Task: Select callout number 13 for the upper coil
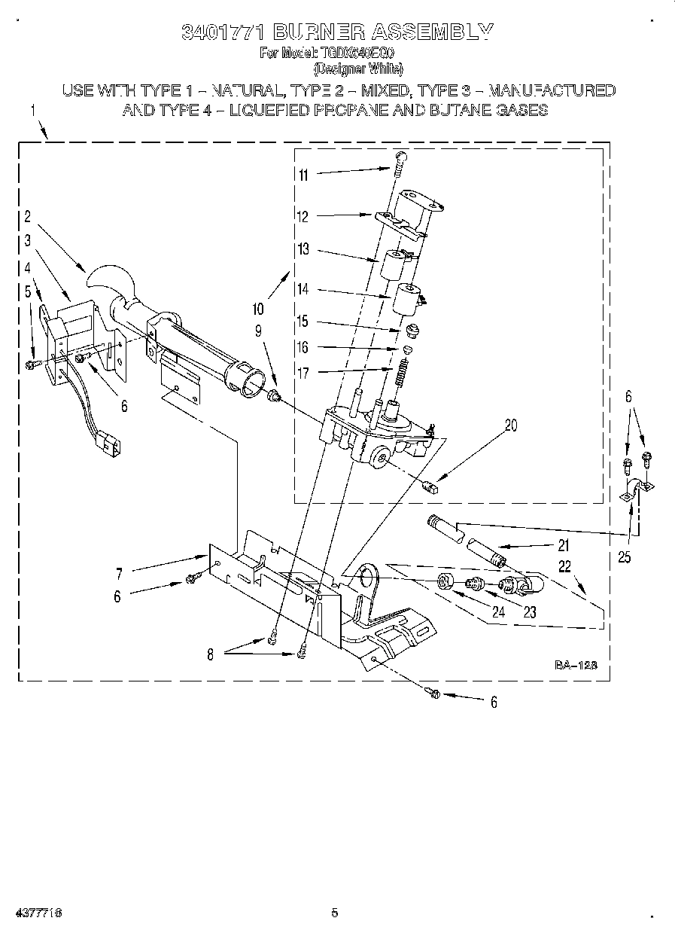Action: pos(303,250)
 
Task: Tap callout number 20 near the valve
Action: pos(511,425)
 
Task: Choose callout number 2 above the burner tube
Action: pos(28,218)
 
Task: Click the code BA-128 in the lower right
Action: pos(576,665)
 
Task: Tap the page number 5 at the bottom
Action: pos(334,913)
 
